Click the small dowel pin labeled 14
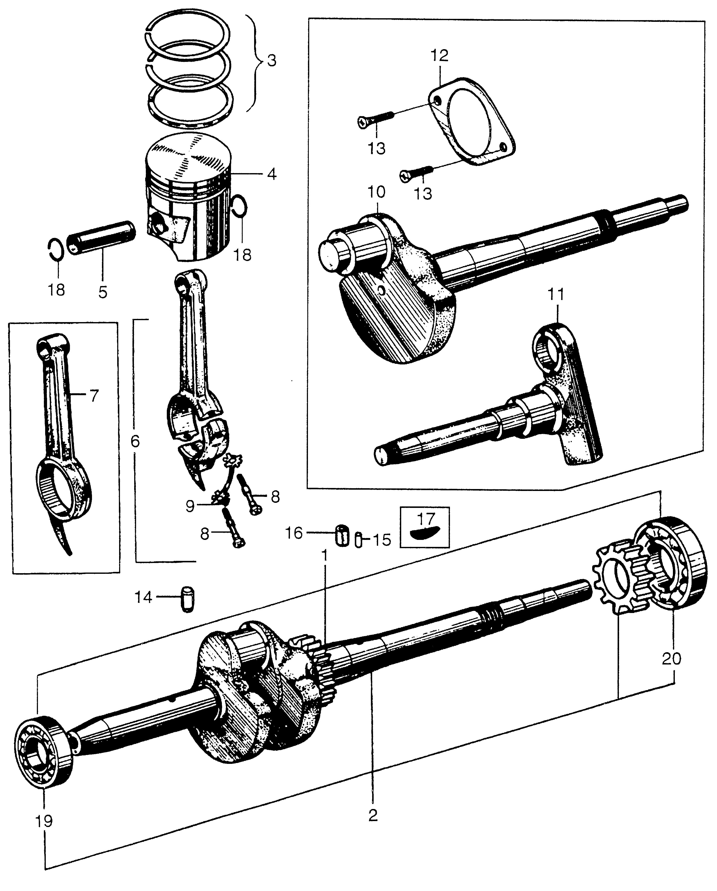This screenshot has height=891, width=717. pyautogui.click(x=188, y=599)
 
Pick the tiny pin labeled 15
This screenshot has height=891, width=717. pyautogui.click(x=358, y=540)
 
